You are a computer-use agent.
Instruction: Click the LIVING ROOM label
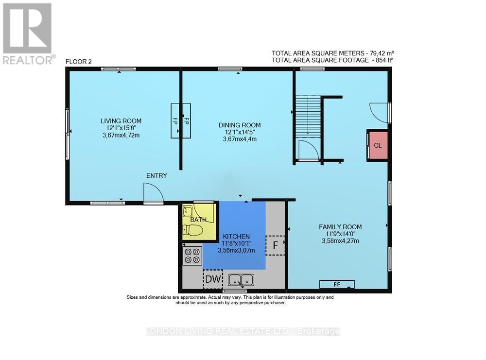121,121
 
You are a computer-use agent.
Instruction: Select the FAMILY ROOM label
340,227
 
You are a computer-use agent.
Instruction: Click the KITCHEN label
237,236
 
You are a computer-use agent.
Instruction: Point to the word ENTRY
157,175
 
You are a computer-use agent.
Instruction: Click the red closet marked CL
378,145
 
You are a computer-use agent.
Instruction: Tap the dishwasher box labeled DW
213,279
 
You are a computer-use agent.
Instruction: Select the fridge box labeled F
275,245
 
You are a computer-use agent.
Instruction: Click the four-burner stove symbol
192,255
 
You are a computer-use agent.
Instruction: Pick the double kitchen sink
241,279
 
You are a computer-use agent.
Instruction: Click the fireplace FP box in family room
337,284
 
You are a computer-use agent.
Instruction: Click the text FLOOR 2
79,62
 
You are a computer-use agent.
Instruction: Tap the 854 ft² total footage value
380,60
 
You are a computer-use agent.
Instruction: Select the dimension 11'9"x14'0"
340,234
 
